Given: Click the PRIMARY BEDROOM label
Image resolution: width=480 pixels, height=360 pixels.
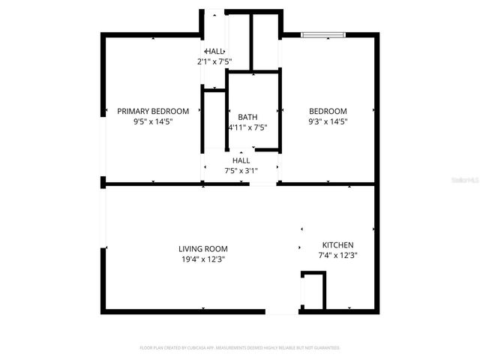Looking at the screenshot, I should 153,111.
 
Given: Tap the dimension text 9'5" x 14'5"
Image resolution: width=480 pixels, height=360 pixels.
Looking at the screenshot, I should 153,121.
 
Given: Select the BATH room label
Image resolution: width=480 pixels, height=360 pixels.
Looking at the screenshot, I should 247,117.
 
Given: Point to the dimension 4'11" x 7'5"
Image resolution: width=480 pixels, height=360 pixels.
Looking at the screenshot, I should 247,127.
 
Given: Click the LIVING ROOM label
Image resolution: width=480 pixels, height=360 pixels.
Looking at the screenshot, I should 202,249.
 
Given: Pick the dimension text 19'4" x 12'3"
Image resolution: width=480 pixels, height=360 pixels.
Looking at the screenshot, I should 202,259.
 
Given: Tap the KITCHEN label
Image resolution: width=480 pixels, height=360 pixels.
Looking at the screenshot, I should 337,245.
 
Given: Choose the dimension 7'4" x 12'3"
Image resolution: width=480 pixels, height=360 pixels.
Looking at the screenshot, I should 337,255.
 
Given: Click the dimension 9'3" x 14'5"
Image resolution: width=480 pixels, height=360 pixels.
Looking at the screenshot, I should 328,121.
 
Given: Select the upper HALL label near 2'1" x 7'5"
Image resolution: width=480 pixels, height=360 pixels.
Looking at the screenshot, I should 214,51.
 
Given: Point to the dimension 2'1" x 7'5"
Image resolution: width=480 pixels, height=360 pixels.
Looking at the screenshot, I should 214,61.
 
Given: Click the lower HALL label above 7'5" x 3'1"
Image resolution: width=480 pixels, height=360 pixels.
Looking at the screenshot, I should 241,160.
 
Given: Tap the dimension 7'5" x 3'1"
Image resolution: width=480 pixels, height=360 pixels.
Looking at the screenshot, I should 241,170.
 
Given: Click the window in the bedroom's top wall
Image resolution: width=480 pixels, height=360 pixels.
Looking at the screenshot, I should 323,34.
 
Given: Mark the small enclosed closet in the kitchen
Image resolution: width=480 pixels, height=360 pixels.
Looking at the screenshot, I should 313,292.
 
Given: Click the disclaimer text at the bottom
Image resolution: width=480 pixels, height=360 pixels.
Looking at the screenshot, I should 240,348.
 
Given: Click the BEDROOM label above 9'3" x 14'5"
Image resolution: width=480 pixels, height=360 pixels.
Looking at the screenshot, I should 328,111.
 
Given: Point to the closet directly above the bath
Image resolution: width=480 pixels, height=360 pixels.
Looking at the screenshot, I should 265,40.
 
